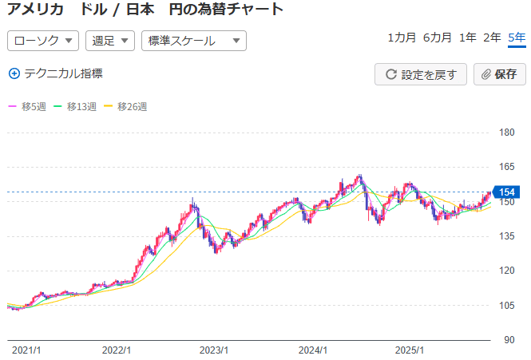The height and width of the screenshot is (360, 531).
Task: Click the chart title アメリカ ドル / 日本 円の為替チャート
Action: pyautogui.click(x=145, y=10)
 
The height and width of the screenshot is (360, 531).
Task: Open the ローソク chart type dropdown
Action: pyautogui.click(x=43, y=41)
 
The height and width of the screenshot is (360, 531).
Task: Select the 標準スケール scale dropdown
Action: pyautogui.click(x=193, y=41)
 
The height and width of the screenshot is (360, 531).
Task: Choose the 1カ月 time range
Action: pyautogui.click(x=402, y=38)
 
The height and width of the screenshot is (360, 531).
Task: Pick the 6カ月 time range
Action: pyautogui.click(x=438, y=38)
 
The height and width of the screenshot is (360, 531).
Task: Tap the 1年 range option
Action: pyautogui.click(x=468, y=38)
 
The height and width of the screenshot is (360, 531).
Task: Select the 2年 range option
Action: pyautogui.click(x=493, y=38)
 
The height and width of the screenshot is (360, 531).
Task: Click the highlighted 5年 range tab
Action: pyautogui.click(x=517, y=38)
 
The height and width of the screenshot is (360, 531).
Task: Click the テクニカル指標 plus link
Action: pyautogui.click(x=56, y=73)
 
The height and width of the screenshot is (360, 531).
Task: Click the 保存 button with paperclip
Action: pyautogui.click(x=500, y=74)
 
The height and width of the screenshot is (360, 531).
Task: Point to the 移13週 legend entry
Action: pyautogui.click(x=75, y=106)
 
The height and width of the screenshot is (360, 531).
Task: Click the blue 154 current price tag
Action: pyautogui.click(x=506, y=192)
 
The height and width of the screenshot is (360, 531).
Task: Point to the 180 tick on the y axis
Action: pyautogui.click(x=505, y=133)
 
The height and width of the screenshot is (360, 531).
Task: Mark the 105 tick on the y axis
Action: pyautogui.click(x=505, y=305)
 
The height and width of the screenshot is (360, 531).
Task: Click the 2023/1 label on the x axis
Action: pyautogui.click(x=215, y=350)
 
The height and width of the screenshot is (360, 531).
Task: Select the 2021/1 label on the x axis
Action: pyautogui.click(x=26, y=350)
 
